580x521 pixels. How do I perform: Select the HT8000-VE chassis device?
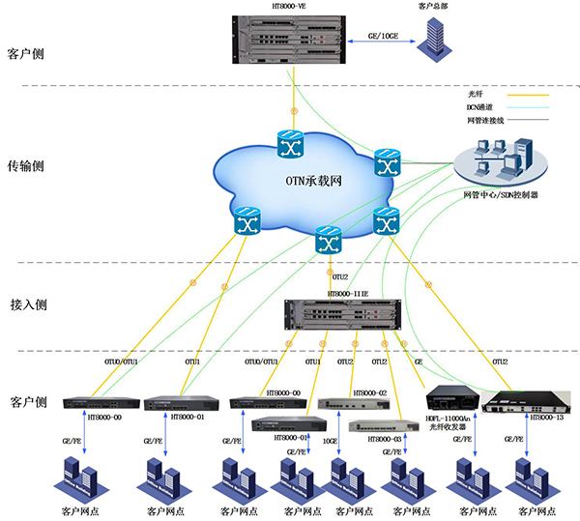point(290,40)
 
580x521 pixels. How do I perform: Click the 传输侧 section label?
point(25,165)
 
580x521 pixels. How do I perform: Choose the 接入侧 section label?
point(25,304)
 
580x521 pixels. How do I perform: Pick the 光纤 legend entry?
point(477,94)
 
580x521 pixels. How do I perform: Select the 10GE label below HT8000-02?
point(331,441)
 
